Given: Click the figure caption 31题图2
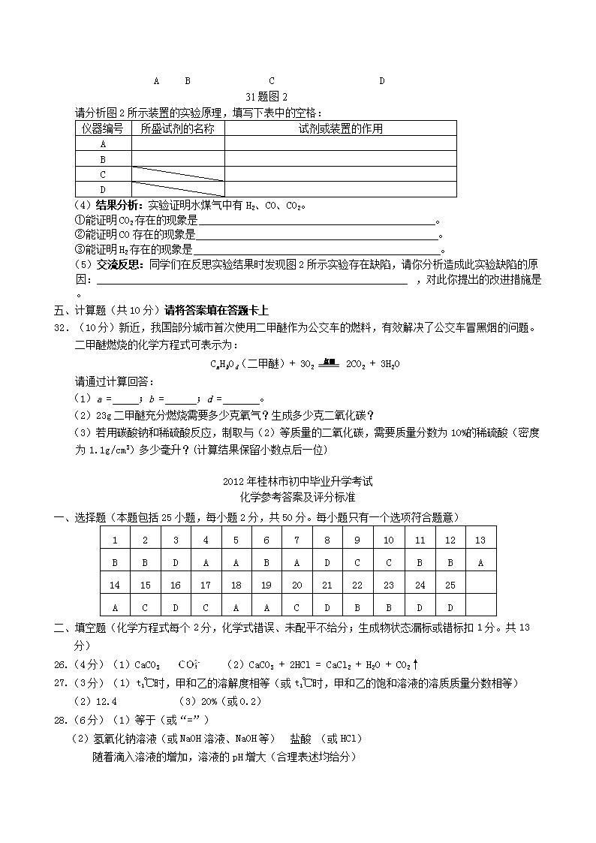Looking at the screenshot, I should tap(266, 97).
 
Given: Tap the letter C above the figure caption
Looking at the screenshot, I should tap(271, 81).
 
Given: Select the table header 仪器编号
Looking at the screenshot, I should tap(103, 128).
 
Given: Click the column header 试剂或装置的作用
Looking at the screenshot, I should tap(340, 128).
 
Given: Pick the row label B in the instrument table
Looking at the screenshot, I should tap(103, 159).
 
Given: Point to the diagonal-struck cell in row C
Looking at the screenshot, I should tap(178, 174).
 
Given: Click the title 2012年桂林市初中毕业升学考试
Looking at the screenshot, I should tap(297, 482).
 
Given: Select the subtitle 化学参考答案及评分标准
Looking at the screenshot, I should tap(297, 497).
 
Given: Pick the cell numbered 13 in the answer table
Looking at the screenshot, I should tap(480, 540).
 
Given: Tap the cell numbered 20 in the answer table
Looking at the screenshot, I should tap(296, 585).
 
